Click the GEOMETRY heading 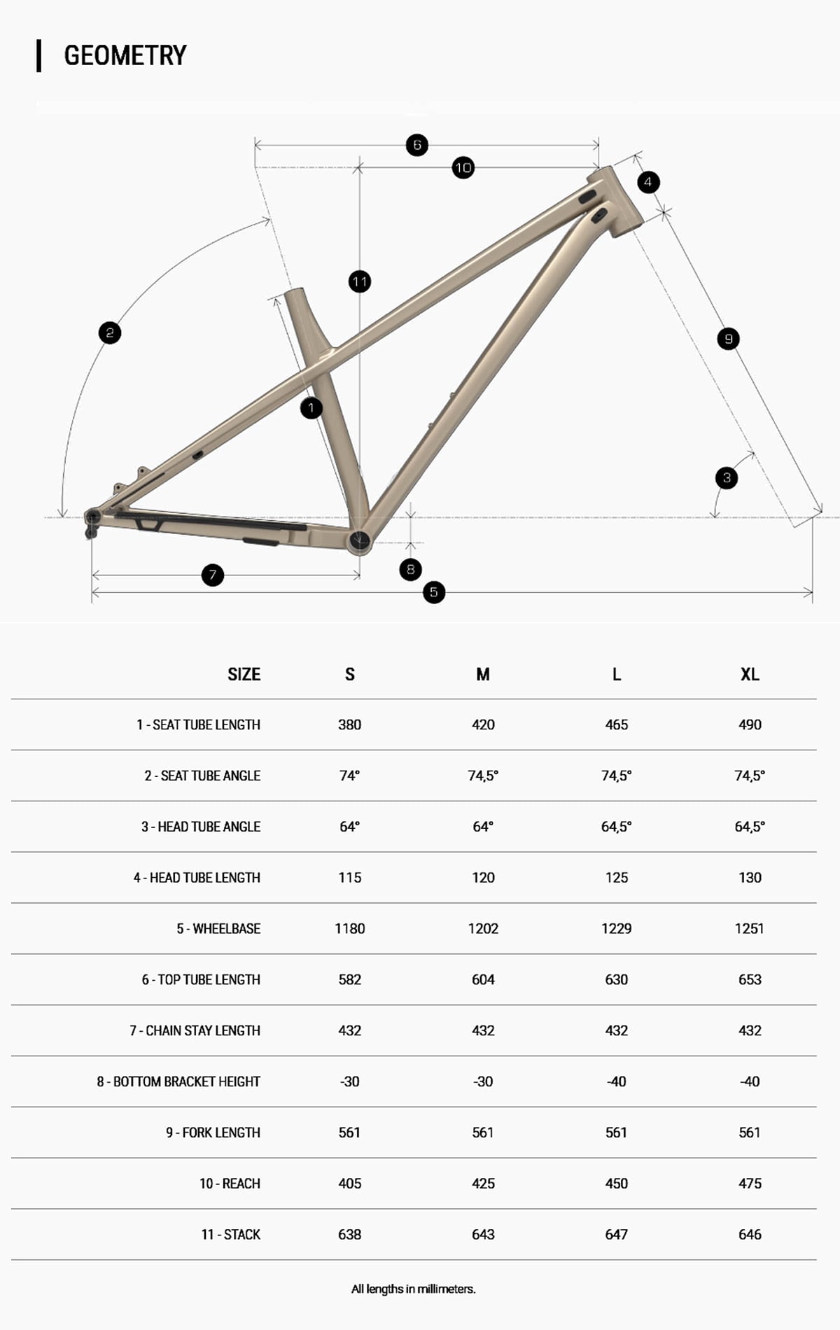pyautogui.click(x=125, y=55)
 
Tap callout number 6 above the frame pyautogui.click(x=417, y=145)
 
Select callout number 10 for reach pyautogui.click(x=463, y=167)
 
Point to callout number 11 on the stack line pyautogui.click(x=360, y=282)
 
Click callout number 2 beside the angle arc pyautogui.click(x=110, y=332)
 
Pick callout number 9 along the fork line pyautogui.click(x=728, y=339)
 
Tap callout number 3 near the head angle pyautogui.click(x=727, y=478)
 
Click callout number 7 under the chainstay pyautogui.click(x=213, y=575)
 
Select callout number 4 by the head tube pyautogui.click(x=648, y=182)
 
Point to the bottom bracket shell pyautogui.click(x=359, y=540)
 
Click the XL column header pyautogui.click(x=750, y=674)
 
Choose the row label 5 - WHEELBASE pyautogui.click(x=218, y=928)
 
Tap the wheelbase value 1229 pyautogui.click(x=616, y=928)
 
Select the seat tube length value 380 pyautogui.click(x=349, y=724)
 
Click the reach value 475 pyautogui.click(x=750, y=1183)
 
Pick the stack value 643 pyautogui.click(x=483, y=1234)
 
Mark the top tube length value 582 pyautogui.click(x=349, y=979)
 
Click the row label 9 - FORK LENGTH pyautogui.click(x=213, y=1132)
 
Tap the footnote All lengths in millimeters pyautogui.click(x=413, y=1289)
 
